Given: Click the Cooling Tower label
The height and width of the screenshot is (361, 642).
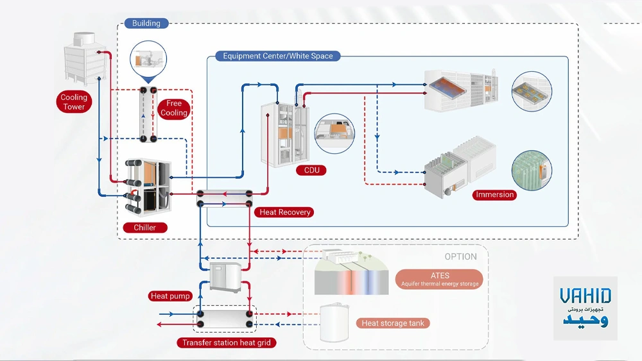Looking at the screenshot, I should click(x=74, y=102).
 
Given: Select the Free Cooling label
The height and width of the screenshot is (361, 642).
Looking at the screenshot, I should click(x=174, y=108).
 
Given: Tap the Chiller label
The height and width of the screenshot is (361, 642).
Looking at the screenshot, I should click(x=145, y=227).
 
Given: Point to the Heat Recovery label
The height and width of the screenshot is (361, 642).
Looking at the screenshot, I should click(x=285, y=212).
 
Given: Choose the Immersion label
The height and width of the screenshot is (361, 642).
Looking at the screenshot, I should click(x=495, y=194).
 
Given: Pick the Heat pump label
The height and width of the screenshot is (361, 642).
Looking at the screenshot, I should click(x=170, y=296).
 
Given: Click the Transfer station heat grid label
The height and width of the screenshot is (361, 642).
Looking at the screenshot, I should click(x=227, y=342).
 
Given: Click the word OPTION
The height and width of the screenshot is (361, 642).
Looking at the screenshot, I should click(x=460, y=256).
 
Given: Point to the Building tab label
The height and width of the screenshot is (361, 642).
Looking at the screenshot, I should click(x=146, y=23).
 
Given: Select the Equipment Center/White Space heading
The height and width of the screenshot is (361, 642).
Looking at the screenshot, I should click(x=278, y=56).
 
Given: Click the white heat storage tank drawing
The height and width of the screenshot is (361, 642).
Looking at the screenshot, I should click(x=334, y=324).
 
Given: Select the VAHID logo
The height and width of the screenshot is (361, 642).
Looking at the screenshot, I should click(x=585, y=308).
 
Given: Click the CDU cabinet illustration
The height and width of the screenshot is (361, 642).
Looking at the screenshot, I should click(x=286, y=135).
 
